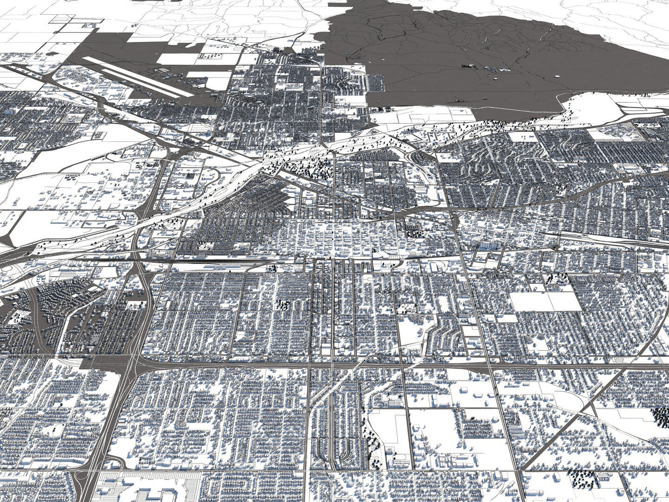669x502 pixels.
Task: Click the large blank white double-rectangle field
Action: click(x=546, y=301)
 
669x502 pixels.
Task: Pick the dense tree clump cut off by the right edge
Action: click(x=660, y=415)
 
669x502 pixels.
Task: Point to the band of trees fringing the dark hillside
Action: click(x=502, y=124)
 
